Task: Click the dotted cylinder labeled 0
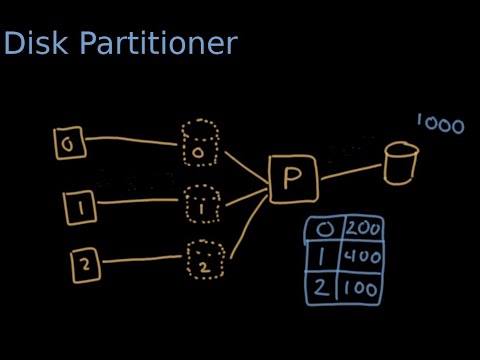(200, 144)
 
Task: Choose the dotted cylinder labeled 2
(204, 261)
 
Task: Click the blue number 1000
(440, 125)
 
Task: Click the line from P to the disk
(350, 168)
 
